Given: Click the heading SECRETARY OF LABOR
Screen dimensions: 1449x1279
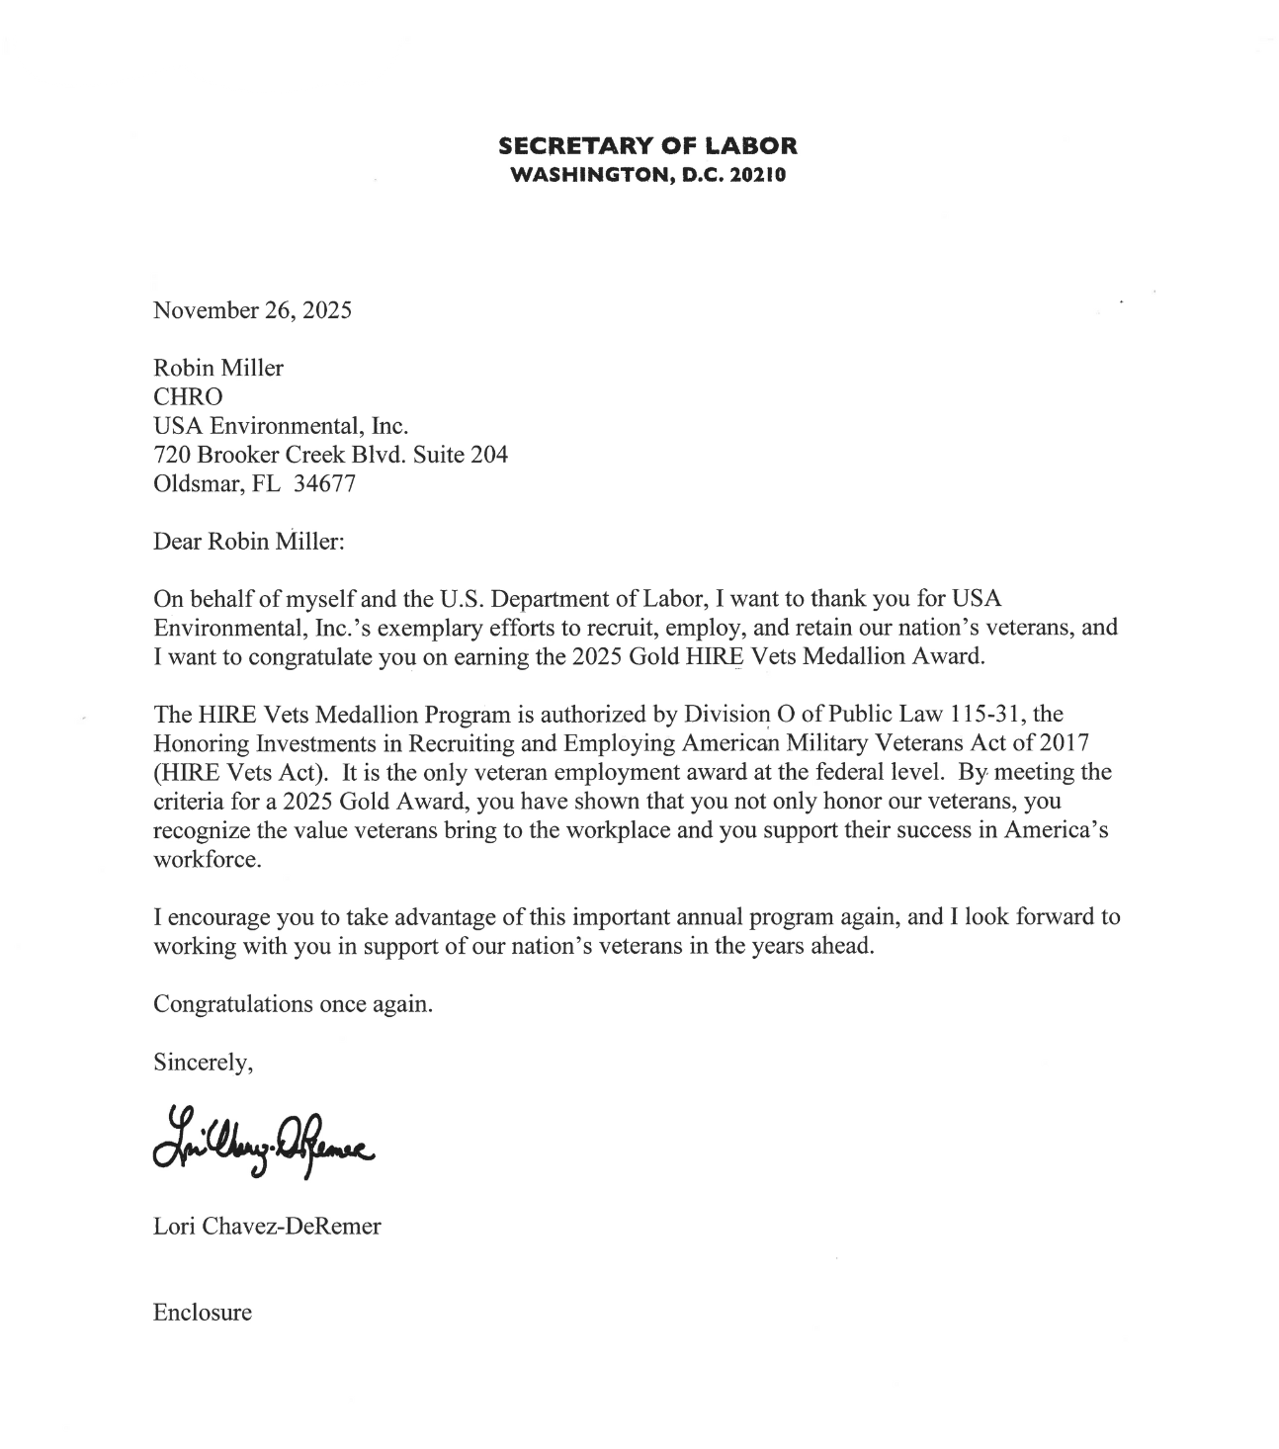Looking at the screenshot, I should pos(647,146).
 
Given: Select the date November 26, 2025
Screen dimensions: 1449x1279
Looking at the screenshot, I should pos(252,310).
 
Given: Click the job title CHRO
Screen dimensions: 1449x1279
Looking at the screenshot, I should pos(188,397).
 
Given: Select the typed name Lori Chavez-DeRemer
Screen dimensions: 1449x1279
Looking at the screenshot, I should pos(267,1227).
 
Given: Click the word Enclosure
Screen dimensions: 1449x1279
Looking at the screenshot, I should pos(203,1313).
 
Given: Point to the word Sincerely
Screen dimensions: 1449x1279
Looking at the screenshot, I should pos(203,1063).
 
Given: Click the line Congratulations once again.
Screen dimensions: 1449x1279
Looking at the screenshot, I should pos(293,1004).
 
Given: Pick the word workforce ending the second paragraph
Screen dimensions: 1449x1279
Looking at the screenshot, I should pos(208,859).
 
